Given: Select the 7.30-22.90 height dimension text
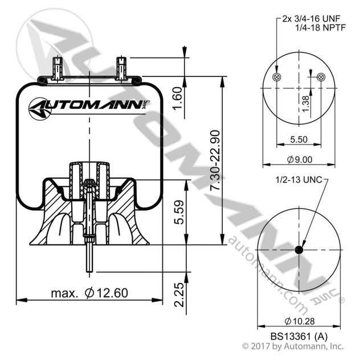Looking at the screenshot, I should pyautogui.click(x=215, y=161).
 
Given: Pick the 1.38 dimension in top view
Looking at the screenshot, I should pyautogui.click(x=305, y=104).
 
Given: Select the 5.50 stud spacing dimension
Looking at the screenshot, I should pyautogui.click(x=299, y=138).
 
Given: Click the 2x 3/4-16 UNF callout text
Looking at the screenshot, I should pyautogui.click(x=310, y=18).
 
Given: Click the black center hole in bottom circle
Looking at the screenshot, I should pyautogui.click(x=299, y=251).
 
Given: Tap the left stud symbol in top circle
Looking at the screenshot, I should pyautogui.click(x=277, y=77).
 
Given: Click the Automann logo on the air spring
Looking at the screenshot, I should pyautogui.click(x=89, y=106).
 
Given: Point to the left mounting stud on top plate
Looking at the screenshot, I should pyautogui.click(x=57, y=67).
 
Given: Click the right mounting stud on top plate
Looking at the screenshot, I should pyautogui.click(x=121, y=67).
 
